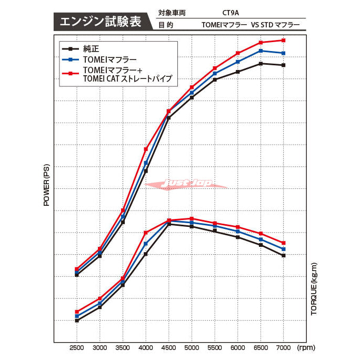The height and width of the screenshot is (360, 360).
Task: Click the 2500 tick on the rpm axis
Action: tap(77, 348)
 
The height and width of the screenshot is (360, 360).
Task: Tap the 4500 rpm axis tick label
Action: tap(168, 348)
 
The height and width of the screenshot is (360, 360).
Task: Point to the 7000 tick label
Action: tap(283, 348)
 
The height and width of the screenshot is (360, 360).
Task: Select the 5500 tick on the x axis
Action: tap(215, 348)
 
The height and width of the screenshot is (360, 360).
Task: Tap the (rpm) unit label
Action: tap(306, 348)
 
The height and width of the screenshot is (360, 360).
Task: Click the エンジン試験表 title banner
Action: tap(101, 22)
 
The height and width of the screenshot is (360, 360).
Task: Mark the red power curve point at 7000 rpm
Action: tap(283, 40)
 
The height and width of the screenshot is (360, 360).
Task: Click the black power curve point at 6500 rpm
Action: tap(260, 64)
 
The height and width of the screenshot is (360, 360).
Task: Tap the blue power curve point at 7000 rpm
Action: tap(283, 53)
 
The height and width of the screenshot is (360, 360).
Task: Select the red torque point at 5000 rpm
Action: tap(192, 218)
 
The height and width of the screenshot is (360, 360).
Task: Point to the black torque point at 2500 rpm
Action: tap(77, 321)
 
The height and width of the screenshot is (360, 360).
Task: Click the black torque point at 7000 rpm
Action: tap(283, 255)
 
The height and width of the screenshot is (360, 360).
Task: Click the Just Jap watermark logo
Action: tap(187, 183)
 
